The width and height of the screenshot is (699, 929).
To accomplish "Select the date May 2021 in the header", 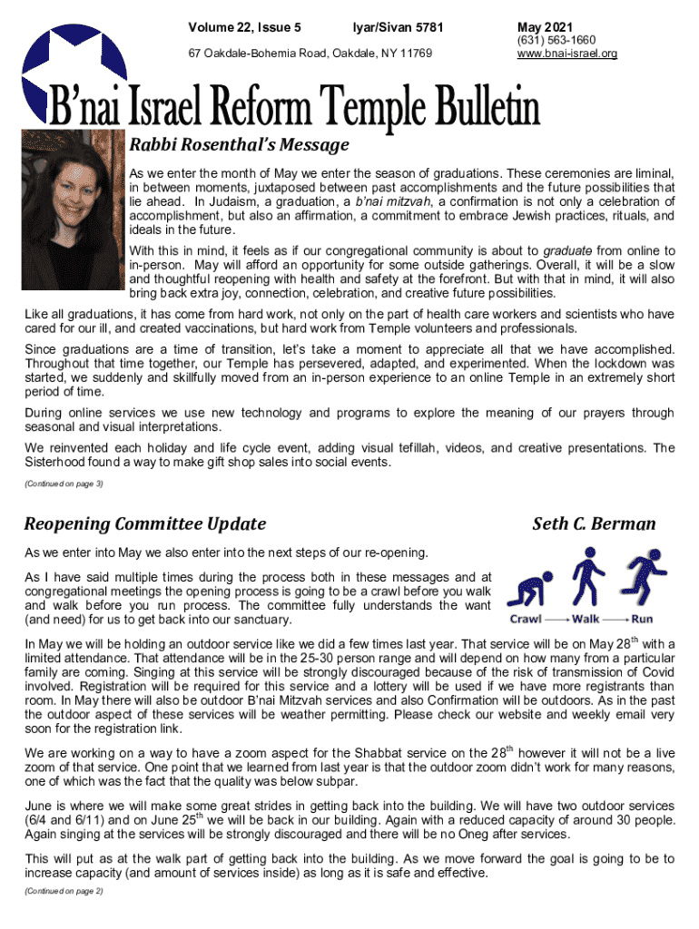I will point(545,27).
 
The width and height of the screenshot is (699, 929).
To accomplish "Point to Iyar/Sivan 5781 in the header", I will point(399,27).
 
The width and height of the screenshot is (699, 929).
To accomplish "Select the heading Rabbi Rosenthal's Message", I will point(239,144).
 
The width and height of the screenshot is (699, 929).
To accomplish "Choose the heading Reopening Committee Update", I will point(145,523).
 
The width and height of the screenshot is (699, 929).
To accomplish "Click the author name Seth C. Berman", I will point(594,523).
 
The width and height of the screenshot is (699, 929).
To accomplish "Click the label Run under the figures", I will point(642,620).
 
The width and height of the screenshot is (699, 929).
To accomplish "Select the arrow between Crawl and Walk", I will point(557,620).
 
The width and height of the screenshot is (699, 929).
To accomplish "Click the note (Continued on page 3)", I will point(64,484).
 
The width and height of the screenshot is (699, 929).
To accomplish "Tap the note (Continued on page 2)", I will point(64,891).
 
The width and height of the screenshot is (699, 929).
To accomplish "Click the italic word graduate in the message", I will point(567,250).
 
